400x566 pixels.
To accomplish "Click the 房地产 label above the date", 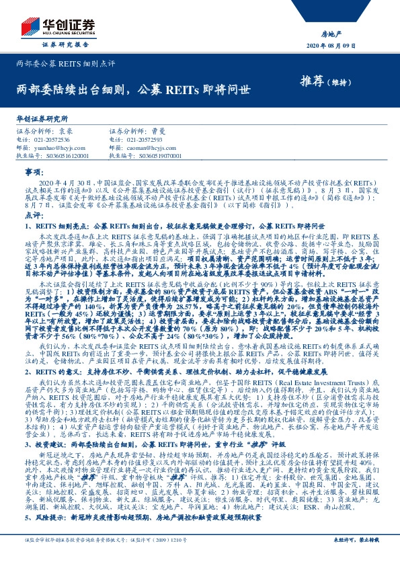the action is point(368,33).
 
